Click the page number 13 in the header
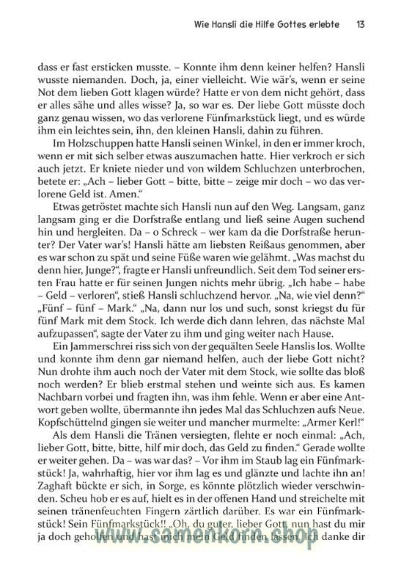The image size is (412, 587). coord(361,24)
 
